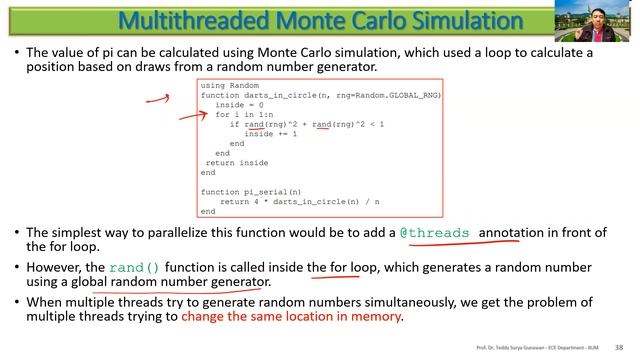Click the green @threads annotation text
coord(435,233)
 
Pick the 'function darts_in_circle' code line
coord(320,95)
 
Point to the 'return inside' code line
coord(237,162)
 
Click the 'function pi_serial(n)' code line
coord(251,191)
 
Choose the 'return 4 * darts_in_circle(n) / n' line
coord(299,201)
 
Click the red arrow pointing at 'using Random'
coord(154,99)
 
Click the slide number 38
coord(619,347)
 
